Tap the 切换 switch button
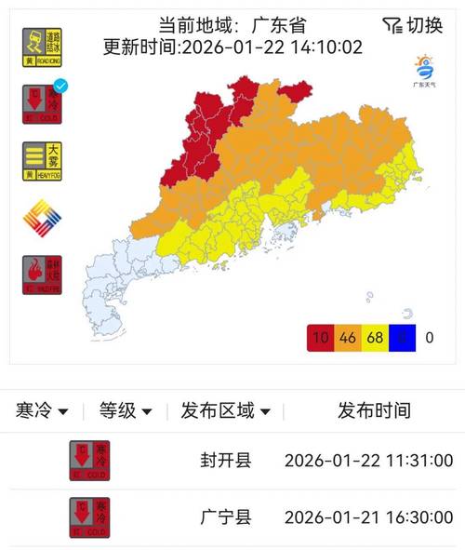pos(412,25)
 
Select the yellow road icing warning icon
pos(42,47)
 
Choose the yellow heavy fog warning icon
pos(42,161)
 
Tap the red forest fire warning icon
pos(42,275)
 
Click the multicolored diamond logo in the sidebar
pos(42,219)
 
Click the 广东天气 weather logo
pos(424,71)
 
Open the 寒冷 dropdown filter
pos(43,410)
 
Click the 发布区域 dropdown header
pos(226,410)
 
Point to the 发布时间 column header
pos(373,410)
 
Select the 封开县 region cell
pos(225,461)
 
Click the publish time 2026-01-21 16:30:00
pos(368,517)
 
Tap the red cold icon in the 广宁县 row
pos(89,517)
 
